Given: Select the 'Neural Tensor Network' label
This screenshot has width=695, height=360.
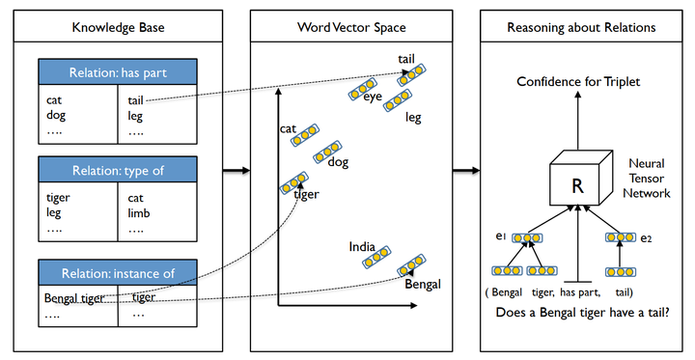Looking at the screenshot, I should tap(647, 179).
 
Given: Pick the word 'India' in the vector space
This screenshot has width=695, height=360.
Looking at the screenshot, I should tap(362, 247).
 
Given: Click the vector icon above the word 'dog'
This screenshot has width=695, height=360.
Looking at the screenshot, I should tap(327, 151).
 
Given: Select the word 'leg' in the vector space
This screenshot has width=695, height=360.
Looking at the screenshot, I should tap(413, 118).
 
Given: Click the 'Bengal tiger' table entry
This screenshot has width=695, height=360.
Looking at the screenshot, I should tap(72, 297).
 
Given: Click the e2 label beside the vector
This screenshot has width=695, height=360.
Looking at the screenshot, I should tap(647, 237).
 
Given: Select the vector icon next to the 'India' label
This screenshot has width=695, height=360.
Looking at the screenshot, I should tap(376, 254).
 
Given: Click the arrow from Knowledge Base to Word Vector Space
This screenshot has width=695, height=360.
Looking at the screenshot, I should tap(233, 172).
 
